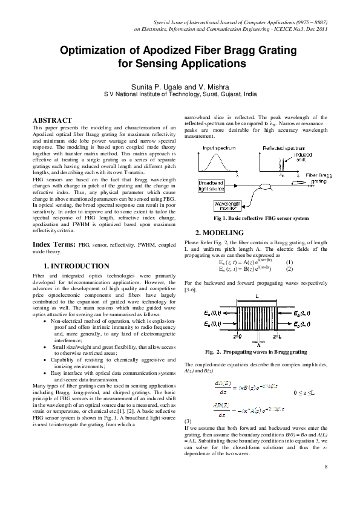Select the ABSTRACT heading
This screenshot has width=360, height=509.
pyautogui.click(x=52, y=121)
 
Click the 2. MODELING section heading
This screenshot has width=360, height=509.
pyautogui.click(x=219, y=233)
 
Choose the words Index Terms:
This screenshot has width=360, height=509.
pyautogui.click(x=54, y=244)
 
